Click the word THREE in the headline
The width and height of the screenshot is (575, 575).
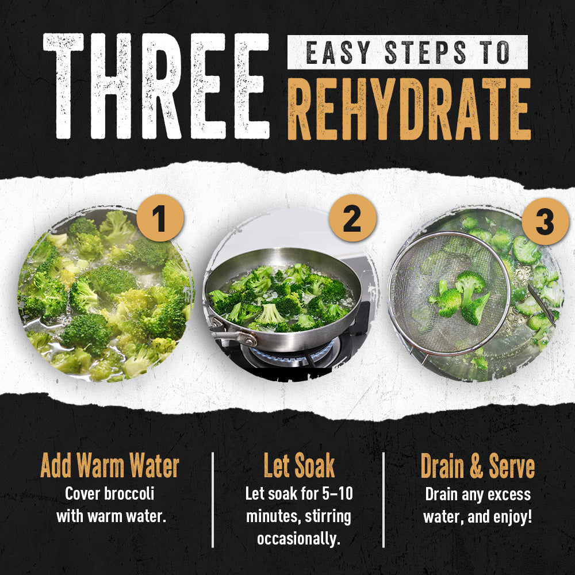point(156,86)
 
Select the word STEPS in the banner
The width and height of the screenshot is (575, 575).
point(425,52)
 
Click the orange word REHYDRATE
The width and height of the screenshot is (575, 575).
point(409,109)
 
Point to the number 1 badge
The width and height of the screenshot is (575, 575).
point(160,218)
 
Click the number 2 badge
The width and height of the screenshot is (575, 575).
point(352,218)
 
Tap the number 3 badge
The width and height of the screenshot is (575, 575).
point(545,221)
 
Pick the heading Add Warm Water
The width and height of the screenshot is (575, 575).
point(110,465)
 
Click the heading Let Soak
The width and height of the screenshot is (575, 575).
point(299,465)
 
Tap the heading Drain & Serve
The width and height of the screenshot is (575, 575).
point(477,466)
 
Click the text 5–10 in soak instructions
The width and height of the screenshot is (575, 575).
point(338,493)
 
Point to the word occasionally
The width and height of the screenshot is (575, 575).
point(298,539)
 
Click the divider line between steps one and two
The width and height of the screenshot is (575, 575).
point(213,500)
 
